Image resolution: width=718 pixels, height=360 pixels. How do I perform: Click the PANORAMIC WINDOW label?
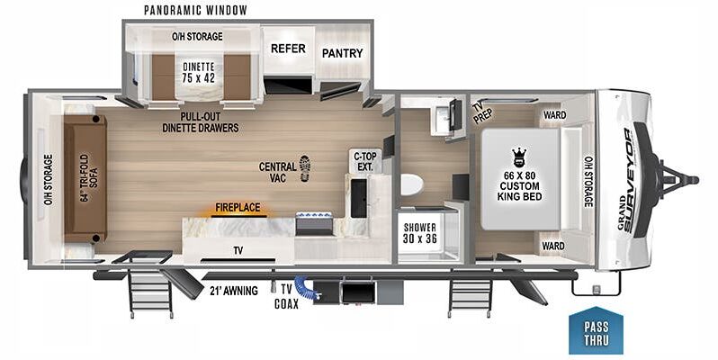(195, 10)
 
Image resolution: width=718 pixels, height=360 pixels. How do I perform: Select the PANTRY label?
(342, 53)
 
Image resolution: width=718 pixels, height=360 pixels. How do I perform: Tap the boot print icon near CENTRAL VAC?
(305, 166)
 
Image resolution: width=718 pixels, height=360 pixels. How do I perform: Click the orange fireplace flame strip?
(236, 215)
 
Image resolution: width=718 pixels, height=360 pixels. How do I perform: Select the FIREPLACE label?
(237, 206)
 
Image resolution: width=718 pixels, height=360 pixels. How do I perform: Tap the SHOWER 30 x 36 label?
(419, 231)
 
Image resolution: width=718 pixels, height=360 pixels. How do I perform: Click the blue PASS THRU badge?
(593, 331)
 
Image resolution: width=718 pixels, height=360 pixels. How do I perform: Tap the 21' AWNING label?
(233, 290)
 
